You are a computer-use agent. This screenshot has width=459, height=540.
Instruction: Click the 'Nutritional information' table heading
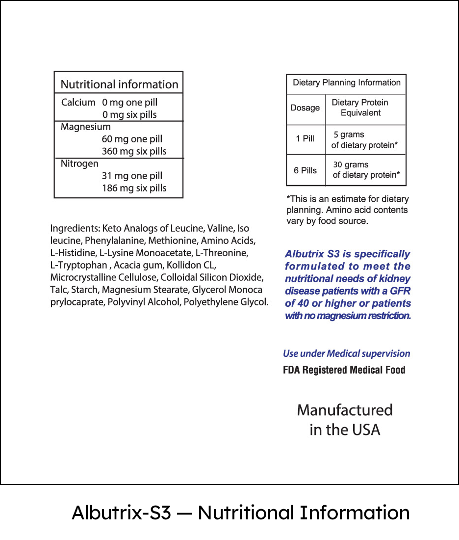pos(119,84)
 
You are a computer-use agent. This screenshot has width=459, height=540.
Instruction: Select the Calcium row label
pos(78,103)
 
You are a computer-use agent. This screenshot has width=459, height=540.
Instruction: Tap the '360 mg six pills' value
pos(134,151)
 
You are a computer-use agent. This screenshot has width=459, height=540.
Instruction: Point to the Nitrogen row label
pos(79,163)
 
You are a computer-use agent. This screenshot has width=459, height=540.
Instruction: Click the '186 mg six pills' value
pos(134,188)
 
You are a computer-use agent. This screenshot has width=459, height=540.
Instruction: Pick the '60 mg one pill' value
pos(132,139)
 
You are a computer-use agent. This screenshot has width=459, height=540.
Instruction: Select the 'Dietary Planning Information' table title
pos(346,82)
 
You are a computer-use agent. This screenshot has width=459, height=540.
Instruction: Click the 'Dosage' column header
pos(305,108)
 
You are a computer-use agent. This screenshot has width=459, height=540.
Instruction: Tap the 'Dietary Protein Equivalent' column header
pos(360,108)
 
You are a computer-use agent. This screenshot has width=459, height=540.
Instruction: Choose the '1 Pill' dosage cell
pos(305,138)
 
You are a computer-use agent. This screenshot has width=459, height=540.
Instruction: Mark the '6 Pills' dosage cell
pos(305,170)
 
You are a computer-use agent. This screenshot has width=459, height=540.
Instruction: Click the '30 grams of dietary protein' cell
pos(366,169)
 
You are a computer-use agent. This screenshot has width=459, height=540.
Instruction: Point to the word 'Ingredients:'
pos(75,229)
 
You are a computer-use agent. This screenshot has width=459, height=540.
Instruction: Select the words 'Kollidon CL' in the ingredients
pos(191,265)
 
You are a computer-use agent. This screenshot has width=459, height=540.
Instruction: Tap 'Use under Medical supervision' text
pos(346,353)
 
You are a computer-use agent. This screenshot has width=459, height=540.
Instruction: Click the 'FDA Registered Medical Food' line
pos(344,370)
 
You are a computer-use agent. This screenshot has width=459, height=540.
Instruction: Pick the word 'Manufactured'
pos(345,410)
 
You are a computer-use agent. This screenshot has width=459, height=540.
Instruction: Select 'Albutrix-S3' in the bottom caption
pos(121,513)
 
